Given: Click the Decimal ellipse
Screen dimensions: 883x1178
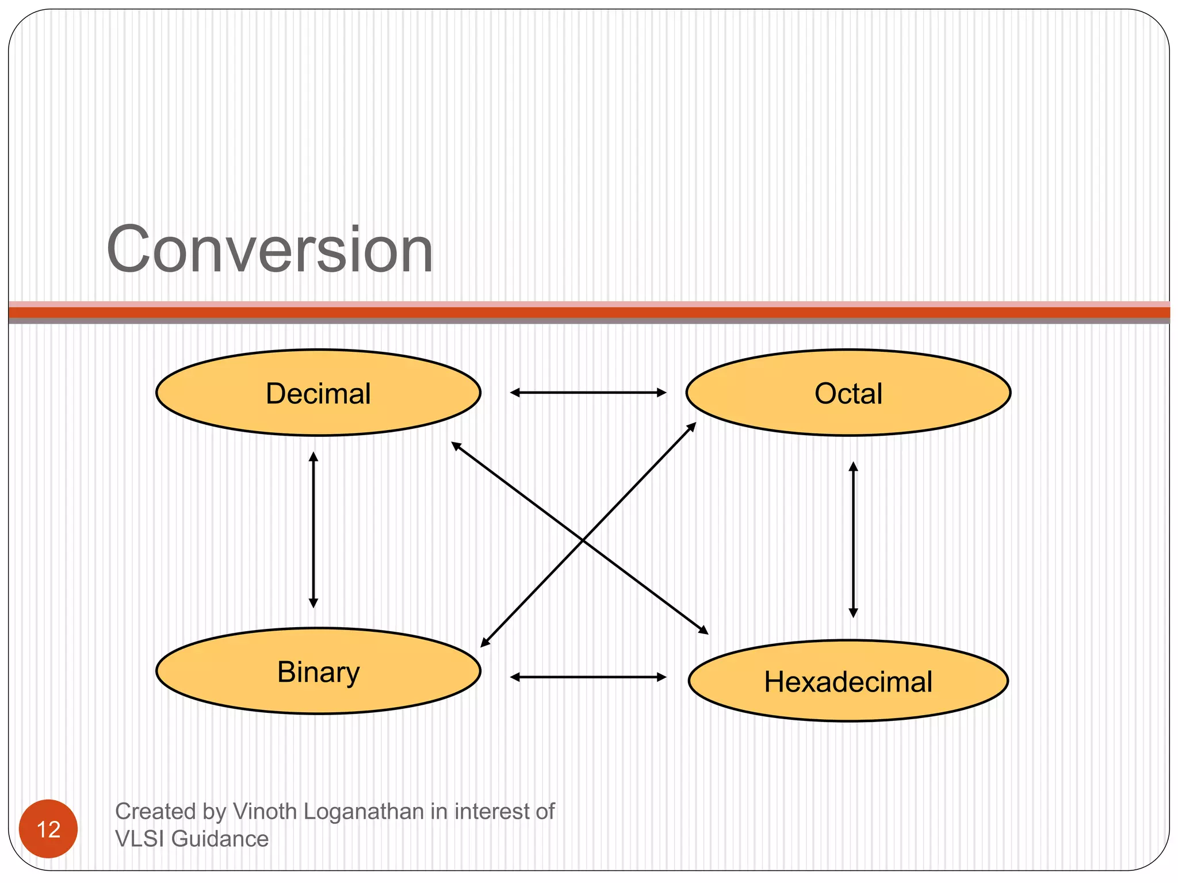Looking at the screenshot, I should (318, 393).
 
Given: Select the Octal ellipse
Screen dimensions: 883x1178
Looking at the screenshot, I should (848, 393).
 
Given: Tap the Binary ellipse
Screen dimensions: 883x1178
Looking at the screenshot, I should (318, 671).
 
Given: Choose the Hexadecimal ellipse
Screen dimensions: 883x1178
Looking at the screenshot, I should (848, 681).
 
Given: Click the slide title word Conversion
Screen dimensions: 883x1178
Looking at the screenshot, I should (270, 250).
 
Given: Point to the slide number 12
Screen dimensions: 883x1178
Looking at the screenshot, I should (48, 829).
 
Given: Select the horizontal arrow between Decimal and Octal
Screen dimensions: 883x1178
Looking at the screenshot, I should (588, 393).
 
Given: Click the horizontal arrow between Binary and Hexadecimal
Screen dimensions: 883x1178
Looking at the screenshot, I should (588, 677).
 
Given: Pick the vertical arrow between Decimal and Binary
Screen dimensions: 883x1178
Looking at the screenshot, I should (313, 529).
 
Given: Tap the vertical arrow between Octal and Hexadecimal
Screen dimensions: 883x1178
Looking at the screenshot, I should (853, 539).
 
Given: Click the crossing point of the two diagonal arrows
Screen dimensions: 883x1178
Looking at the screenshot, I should (583, 540).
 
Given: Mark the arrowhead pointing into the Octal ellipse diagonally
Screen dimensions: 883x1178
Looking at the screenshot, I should (692, 427).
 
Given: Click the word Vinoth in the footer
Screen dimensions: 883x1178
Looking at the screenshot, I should (265, 811).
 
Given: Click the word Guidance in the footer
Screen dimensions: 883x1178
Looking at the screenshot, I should (220, 839).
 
